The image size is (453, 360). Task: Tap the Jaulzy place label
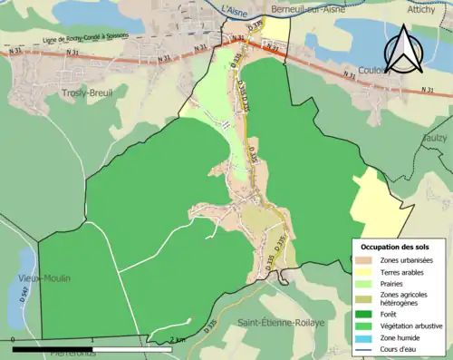(x=436, y=137)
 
